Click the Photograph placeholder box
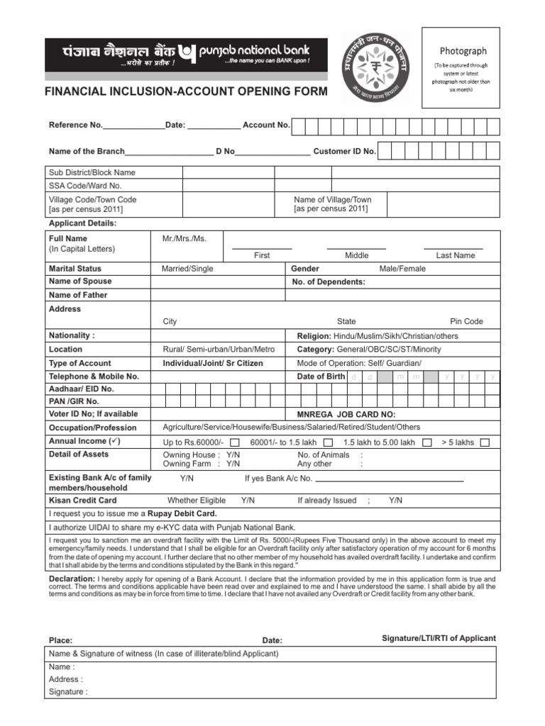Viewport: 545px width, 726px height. pos(461,67)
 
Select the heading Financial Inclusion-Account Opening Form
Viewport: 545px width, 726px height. pos(187,91)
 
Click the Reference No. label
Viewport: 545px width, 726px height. pos(75,125)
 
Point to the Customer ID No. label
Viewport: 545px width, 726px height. pos(344,152)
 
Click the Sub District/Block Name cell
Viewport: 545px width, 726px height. pos(92,172)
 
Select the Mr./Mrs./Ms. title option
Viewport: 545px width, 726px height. pos(185,239)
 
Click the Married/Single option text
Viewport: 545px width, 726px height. pos(187,269)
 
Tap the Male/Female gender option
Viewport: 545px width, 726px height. pos(402,269)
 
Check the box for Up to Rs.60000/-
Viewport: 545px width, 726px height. pos(234,442)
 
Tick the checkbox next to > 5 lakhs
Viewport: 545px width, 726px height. pos(484,442)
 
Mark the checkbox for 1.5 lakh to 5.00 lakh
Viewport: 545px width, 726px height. pos(427,442)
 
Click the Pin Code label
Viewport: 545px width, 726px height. pos(466,321)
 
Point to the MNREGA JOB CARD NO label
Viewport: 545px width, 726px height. pos(346,415)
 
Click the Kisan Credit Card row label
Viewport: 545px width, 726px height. pos(82,500)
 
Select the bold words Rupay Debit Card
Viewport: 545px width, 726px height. pos(182,513)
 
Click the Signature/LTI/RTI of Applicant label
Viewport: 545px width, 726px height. pos(439,638)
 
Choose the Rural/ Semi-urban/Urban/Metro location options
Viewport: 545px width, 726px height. pos(219,349)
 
